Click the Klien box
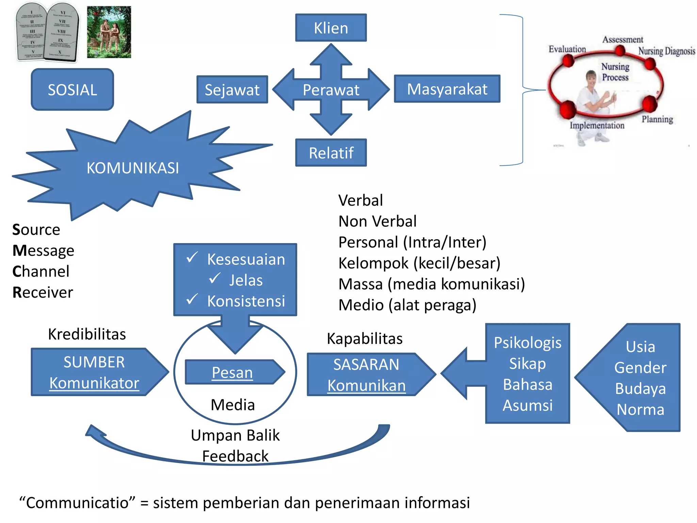pyautogui.click(x=331, y=28)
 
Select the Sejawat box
pyautogui.click(x=232, y=90)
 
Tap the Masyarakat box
pyautogui.click(x=447, y=89)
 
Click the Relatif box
pyautogui.click(x=331, y=153)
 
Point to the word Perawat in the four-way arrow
pyautogui.click(x=331, y=90)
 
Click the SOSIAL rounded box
pyautogui.click(x=72, y=90)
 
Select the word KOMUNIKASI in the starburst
pyautogui.click(x=133, y=168)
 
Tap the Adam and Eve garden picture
pyautogui.click(x=109, y=32)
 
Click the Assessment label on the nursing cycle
pyautogui.click(x=622, y=39)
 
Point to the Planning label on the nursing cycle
pyautogui.click(x=657, y=119)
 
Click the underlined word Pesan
pyautogui.click(x=232, y=373)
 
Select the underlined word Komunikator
pyautogui.click(x=94, y=383)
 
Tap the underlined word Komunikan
pyautogui.click(x=367, y=386)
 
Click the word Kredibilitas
pyautogui.click(x=87, y=334)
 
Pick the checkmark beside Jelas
pyautogui.click(x=215, y=278)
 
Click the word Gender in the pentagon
pyautogui.click(x=640, y=368)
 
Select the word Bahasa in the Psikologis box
pyautogui.click(x=528, y=384)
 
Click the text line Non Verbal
pyautogui.click(x=377, y=221)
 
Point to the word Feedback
pyautogui.click(x=235, y=456)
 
